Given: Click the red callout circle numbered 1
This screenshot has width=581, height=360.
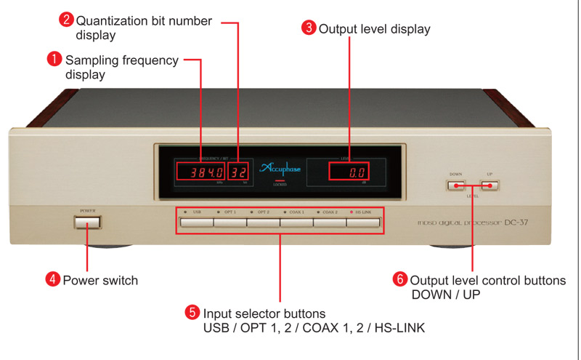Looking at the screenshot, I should point(54,60).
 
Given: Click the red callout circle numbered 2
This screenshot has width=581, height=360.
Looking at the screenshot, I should point(66,20).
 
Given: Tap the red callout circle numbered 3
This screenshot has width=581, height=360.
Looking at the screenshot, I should point(309,28).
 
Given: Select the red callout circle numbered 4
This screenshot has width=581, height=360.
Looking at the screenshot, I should point(53,279).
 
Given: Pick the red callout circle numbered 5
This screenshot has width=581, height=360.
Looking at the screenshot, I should point(192,312).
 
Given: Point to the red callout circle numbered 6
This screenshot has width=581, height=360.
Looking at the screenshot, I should point(400,279).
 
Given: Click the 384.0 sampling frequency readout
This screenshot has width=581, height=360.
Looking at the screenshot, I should point(200,172).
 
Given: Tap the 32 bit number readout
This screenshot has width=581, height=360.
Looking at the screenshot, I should point(238,172).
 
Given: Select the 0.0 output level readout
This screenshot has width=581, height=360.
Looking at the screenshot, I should point(349,172).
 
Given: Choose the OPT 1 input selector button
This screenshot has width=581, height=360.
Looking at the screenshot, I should point(229,222).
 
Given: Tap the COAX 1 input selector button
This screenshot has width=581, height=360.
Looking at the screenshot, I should point(296,222).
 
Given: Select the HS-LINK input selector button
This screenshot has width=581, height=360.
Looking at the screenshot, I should point(363,222).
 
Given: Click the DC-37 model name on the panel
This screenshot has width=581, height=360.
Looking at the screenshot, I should point(521,222).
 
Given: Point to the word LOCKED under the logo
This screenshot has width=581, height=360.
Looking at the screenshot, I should point(280,185).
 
